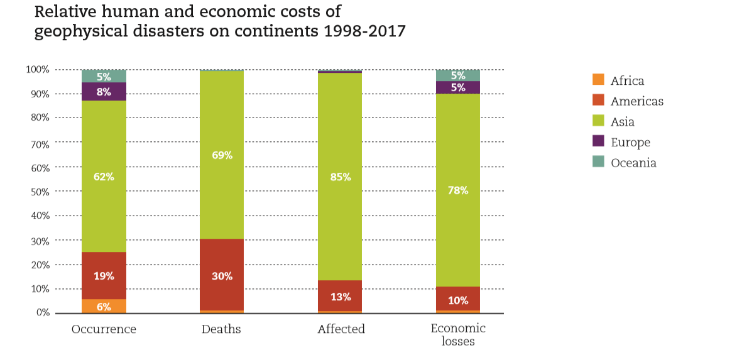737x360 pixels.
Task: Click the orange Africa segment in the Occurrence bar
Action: click(x=104, y=306)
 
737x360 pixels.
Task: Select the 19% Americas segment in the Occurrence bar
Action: click(x=104, y=275)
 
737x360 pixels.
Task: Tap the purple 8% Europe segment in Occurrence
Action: click(x=104, y=92)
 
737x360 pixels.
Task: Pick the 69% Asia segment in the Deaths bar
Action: click(x=222, y=155)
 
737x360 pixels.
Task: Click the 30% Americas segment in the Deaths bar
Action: click(x=222, y=275)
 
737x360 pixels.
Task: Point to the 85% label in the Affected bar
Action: click(x=340, y=177)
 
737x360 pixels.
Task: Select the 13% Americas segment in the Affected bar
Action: click(x=340, y=296)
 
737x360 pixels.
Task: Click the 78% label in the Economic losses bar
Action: click(x=458, y=190)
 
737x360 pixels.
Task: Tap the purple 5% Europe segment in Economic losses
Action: click(x=458, y=87)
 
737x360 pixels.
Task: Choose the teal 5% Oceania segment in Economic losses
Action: click(x=458, y=75)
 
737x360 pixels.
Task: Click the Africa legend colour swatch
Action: click(x=598, y=80)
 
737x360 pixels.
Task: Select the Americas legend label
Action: click(x=636, y=101)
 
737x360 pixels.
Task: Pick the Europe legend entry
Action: click(x=630, y=142)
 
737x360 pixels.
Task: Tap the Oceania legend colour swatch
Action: click(x=598, y=162)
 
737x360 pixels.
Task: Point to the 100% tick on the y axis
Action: click(x=37, y=69)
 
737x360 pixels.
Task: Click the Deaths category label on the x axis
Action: click(x=221, y=329)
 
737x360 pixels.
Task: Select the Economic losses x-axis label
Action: click(x=458, y=335)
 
